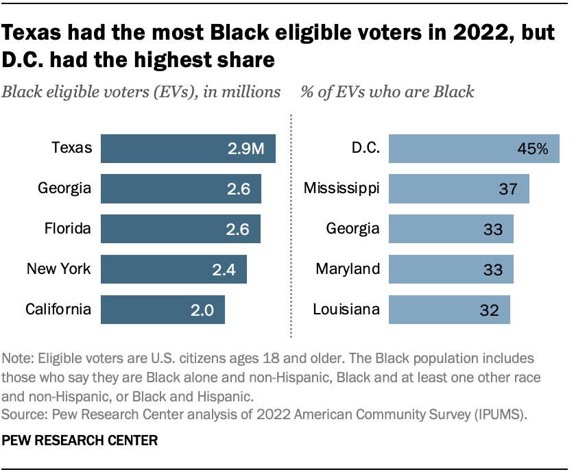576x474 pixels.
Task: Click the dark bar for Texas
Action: (171, 149)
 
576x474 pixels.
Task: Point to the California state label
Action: (58, 309)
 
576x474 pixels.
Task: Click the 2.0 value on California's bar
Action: (204, 310)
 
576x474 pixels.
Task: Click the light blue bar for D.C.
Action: (453, 149)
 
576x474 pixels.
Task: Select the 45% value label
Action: (533, 149)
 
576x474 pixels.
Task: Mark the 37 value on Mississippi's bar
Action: (508, 189)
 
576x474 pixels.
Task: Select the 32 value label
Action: (490, 310)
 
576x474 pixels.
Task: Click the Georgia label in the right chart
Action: (352, 228)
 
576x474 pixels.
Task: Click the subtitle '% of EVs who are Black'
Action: (387, 92)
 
